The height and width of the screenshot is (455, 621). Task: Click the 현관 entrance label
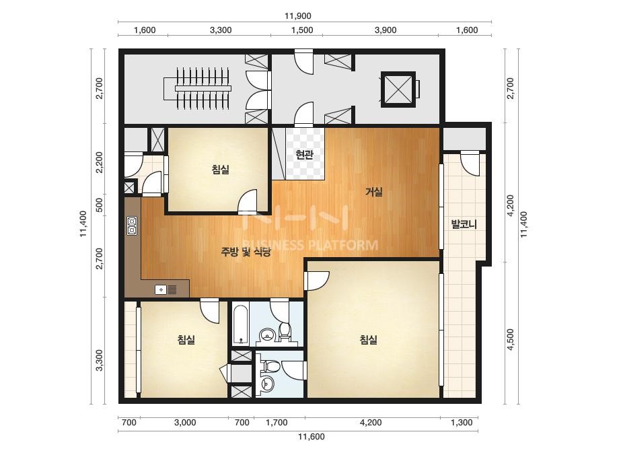(304, 154)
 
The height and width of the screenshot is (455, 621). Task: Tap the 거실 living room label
(373, 193)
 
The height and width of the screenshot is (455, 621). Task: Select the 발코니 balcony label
(464, 224)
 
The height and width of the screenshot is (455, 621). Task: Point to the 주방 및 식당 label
(246, 252)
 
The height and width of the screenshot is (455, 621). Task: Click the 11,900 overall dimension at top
(298, 16)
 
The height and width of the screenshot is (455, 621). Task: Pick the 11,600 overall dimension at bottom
(312, 437)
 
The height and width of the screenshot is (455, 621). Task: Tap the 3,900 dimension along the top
(386, 30)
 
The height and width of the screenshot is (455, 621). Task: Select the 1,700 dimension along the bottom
(277, 423)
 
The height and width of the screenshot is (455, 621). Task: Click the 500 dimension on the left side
(100, 205)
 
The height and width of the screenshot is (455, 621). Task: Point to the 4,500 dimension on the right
(510, 339)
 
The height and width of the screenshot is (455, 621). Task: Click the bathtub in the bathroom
(240, 324)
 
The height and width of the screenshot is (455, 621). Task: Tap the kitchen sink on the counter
(166, 289)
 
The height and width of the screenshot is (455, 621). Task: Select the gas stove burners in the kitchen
(132, 226)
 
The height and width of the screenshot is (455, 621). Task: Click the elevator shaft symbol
(398, 89)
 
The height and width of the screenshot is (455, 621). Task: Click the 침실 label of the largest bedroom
(368, 340)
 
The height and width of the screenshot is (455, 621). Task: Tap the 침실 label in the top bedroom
(221, 170)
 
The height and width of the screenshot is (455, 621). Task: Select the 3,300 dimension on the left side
(100, 360)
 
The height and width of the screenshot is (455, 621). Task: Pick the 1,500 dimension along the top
(302, 30)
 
